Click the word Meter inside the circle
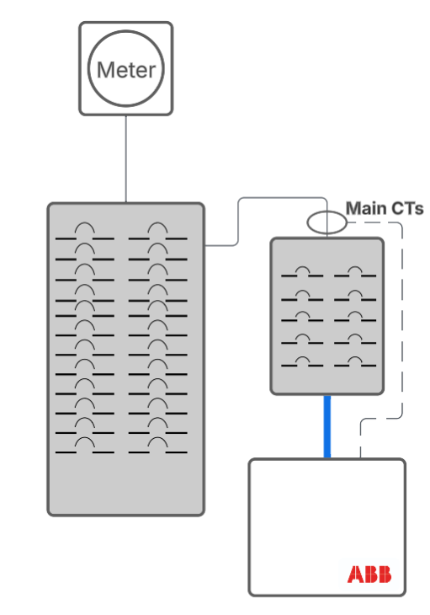click(126, 69)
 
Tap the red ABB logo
click(369, 575)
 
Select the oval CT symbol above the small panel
click(326, 222)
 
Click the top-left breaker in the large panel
click(84, 233)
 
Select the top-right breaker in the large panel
click(157, 233)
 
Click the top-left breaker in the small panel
click(302, 273)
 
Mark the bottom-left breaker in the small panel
click(302, 363)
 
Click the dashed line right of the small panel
click(401, 320)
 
